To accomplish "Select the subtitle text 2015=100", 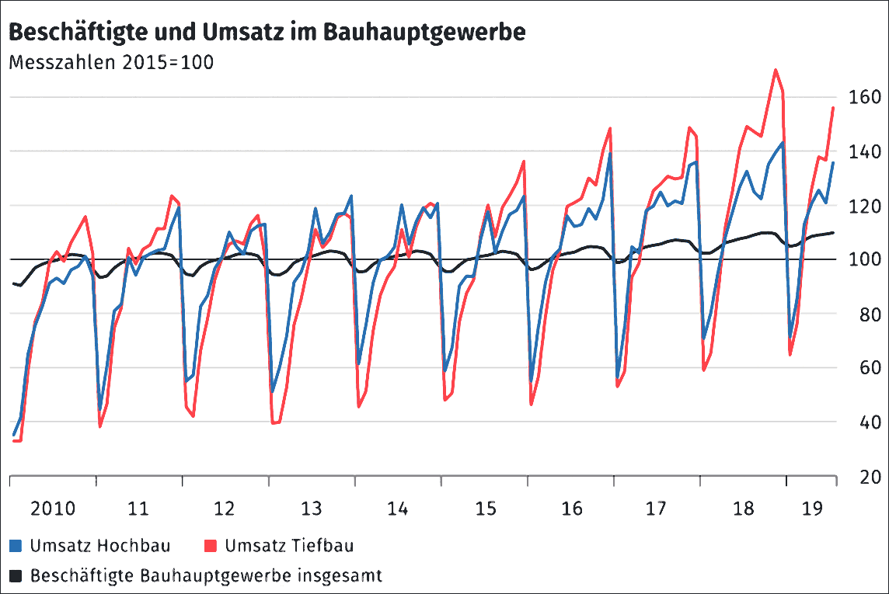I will pyautogui.click(x=167, y=63).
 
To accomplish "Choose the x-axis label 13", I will pyautogui.click(x=312, y=509).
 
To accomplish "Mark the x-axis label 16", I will pyautogui.click(x=571, y=509).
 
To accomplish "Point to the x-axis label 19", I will pyautogui.click(x=812, y=509).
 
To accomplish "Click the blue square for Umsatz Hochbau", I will pyautogui.click(x=16, y=546).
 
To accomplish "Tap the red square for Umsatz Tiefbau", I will pyautogui.click(x=210, y=546).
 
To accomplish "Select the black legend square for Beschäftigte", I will pyautogui.click(x=16, y=576).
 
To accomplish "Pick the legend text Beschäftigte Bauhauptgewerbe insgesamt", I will pyautogui.click(x=206, y=576).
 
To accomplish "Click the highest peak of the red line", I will pyautogui.click(x=776, y=70).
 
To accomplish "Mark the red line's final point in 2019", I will pyautogui.click(x=833, y=108).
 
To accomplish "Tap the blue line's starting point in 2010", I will pyautogui.click(x=14, y=435).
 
